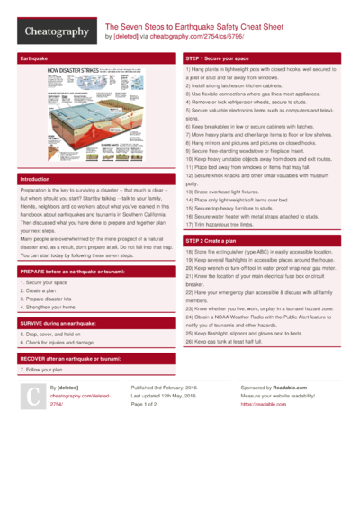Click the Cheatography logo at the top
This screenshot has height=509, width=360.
click(x=54, y=31)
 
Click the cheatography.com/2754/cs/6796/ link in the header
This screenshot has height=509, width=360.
click(x=213, y=38)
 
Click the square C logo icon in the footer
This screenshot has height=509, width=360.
click(x=31, y=396)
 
